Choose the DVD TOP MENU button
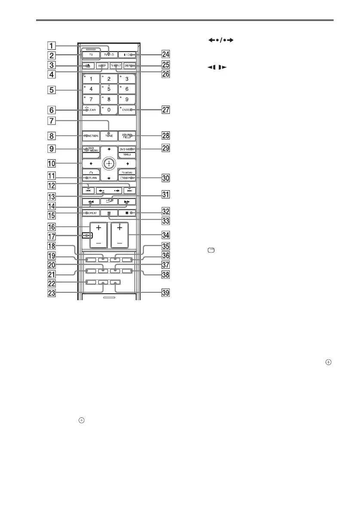[x=91, y=152]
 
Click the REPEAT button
[x=91, y=213]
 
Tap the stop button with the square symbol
[x=127, y=213]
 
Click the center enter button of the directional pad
[x=109, y=164]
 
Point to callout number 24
[x=165, y=54]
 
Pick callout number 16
[x=51, y=226]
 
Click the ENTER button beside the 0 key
[x=127, y=110]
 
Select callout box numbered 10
[x=51, y=164]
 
